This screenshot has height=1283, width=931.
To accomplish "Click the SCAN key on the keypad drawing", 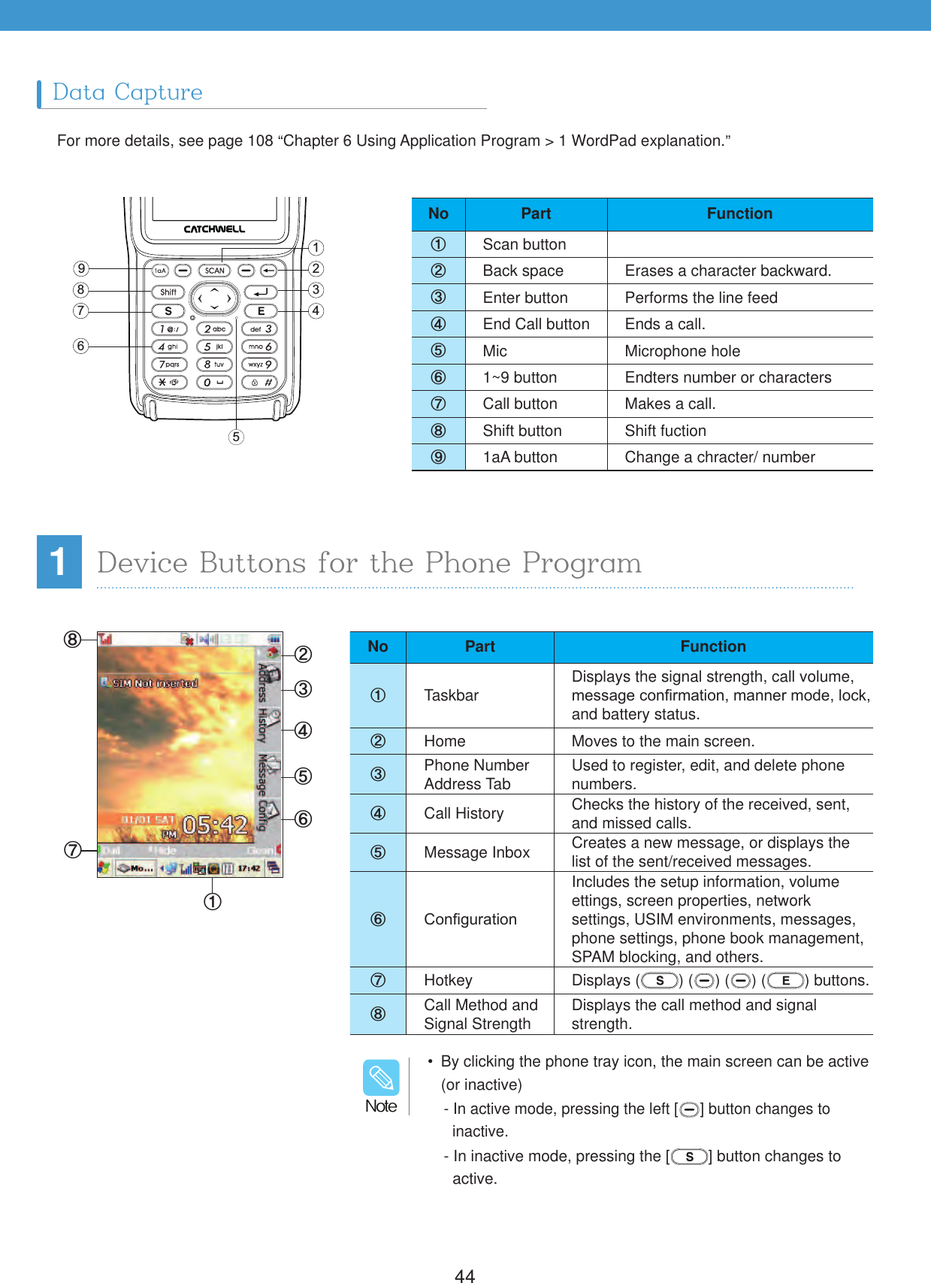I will click(215, 271).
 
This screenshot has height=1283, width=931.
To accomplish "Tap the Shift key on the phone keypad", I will click(168, 292).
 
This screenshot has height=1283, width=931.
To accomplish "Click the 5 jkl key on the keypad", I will click(214, 346).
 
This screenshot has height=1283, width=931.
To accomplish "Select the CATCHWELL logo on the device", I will click(214, 228).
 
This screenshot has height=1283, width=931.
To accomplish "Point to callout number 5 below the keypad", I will click(236, 437).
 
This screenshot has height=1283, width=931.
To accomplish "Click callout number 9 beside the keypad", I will click(81, 268).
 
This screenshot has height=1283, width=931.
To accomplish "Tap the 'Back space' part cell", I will click(523, 271).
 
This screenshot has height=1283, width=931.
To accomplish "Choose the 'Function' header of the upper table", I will click(739, 213).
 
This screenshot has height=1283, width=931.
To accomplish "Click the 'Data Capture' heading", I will click(128, 92).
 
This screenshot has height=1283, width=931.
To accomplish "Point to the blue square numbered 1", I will click(59, 561).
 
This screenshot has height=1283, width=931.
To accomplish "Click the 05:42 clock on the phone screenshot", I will click(216, 825).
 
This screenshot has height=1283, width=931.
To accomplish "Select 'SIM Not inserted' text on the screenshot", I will click(155, 683).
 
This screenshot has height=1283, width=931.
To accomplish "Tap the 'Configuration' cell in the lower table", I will click(470, 919).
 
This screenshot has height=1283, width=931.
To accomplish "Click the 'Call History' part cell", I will click(464, 813).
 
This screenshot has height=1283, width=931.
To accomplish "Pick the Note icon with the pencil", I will click(381, 1078).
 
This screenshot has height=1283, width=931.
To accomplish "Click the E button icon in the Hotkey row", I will click(785, 980).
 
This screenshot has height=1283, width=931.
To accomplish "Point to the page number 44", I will click(464, 1275).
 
